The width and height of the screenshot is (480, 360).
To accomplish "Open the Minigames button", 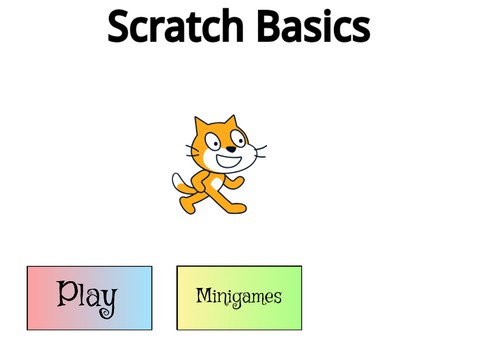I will [x=239, y=297].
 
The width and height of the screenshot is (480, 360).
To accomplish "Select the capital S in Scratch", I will [x=120, y=28].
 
